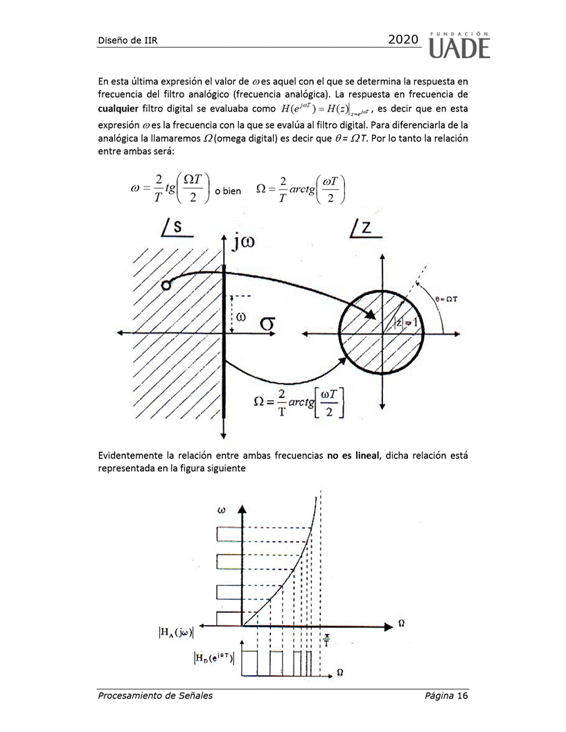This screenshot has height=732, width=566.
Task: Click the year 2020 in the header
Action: tap(403, 40)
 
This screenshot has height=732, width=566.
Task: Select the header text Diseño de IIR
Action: tap(127, 40)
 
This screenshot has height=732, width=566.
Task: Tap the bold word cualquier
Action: tap(118, 109)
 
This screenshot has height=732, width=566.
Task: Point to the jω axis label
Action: tap(249, 241)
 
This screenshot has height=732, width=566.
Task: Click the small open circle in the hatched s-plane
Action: tap(165, 285)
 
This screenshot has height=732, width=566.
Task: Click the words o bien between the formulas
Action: tap(227, 191)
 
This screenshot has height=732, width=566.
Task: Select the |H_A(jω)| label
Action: tap(176, 631)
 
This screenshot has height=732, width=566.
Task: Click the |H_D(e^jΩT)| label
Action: tap(214, 657)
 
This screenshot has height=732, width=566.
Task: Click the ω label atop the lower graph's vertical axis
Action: tap(222, 510)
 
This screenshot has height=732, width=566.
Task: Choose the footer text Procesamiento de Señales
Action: tap(154, 695)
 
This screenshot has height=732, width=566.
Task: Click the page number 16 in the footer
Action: tap(463, 695)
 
